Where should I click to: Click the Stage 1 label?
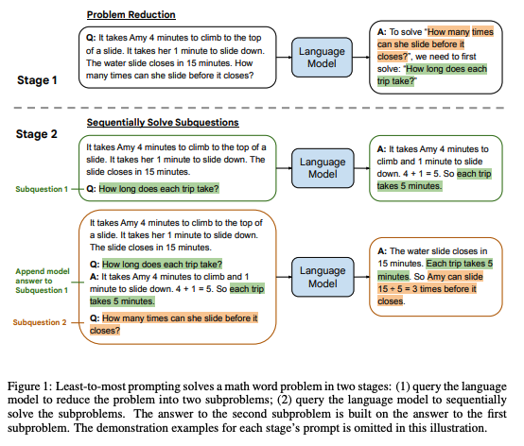coord(39,80)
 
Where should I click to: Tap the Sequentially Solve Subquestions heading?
coord(163,124)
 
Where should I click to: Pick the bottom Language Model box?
coord(323,278)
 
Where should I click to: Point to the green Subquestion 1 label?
coord(42,189)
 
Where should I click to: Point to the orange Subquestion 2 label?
coord(42,322)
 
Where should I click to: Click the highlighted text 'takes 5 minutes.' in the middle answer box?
coord(409,186)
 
